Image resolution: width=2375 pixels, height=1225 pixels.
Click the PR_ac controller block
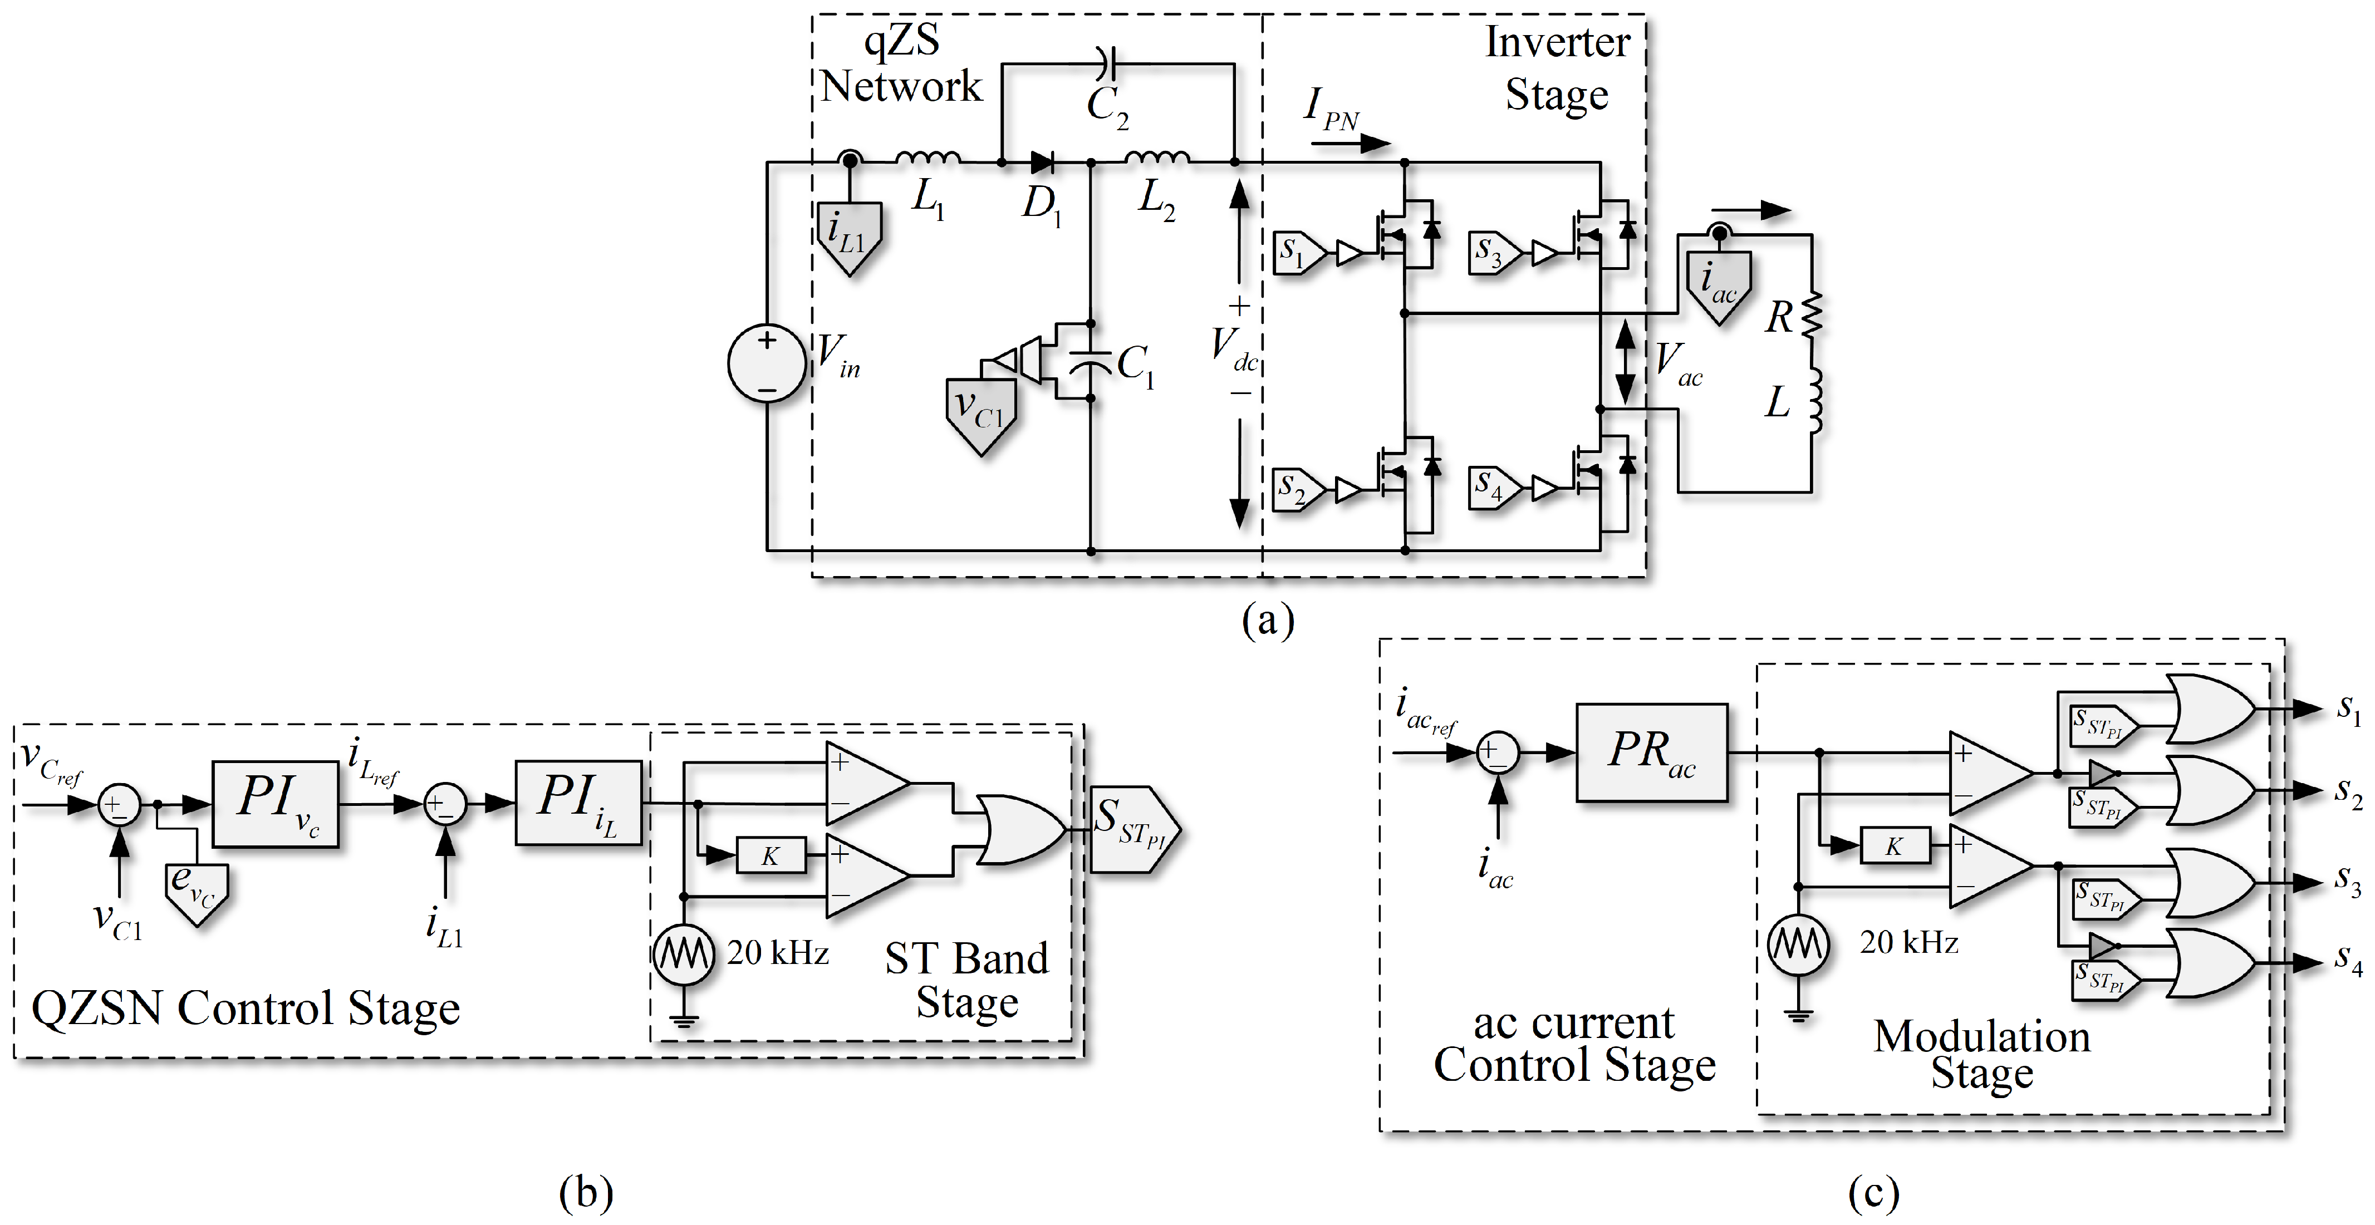(1650, 752)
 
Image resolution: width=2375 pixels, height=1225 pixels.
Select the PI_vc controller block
(275, 803)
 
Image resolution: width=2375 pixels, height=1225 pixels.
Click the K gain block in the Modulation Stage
(1894, 846)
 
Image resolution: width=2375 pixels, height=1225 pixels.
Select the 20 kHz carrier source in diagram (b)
(683, 954)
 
